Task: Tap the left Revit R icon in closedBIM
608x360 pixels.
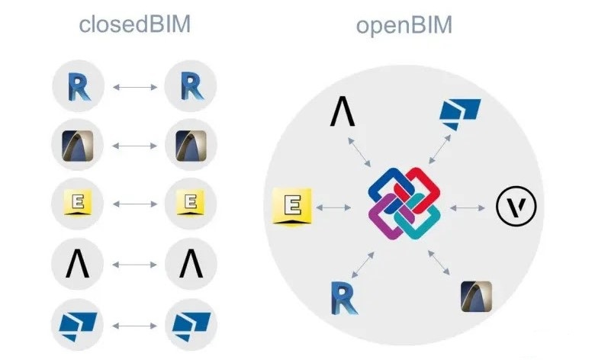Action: click(79, 86)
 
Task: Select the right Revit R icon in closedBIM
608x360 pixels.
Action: click(191, 86)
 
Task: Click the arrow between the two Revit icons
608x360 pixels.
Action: click(135, 87)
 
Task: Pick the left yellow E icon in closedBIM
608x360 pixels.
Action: click(79, 204)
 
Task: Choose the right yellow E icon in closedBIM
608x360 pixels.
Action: click(191, 204)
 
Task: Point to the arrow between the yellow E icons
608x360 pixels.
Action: click(135, 204)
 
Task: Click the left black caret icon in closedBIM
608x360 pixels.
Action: click(79, 264)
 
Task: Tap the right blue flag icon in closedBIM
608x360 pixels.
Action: click(191, 323)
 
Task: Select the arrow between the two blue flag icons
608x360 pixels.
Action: click(135, 323)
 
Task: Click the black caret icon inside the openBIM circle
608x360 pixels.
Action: click(343, 112)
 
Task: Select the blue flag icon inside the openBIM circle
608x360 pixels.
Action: click(460, 112)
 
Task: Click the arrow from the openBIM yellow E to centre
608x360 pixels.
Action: click(336, 206)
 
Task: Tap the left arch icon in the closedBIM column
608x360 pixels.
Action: click(79, 145)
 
